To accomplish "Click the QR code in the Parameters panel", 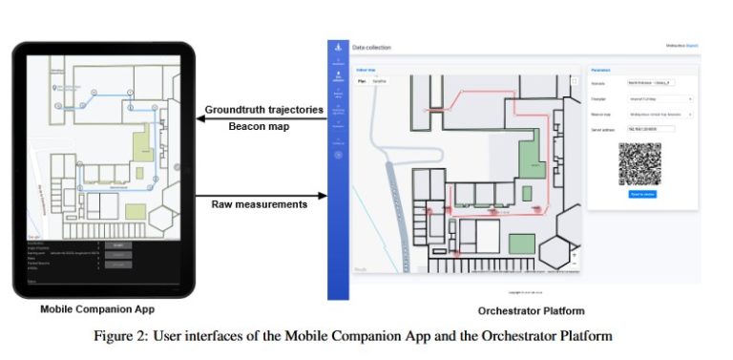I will [639, 163].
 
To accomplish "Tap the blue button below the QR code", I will [642, 194].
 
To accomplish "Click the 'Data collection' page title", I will [372, 48].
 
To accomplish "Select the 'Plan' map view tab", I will [362, 81].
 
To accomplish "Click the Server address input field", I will [652, 127].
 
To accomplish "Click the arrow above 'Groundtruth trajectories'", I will [263, 116].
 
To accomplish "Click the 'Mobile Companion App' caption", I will [97, 310].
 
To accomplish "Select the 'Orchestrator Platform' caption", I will [531, 311].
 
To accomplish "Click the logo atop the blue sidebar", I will [337, 48].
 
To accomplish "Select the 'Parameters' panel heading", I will [603, 70].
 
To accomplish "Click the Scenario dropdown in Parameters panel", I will [660, 83].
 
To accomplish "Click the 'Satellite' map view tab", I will [379, 81].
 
